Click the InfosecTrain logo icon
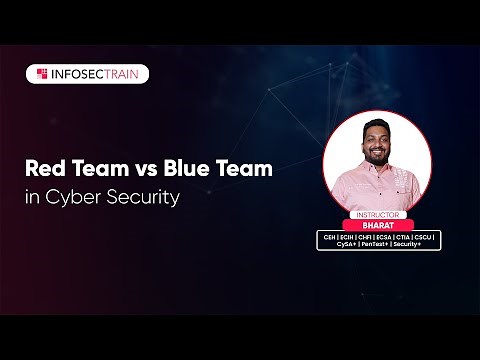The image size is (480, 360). click(43, 74)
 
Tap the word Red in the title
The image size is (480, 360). click(46, 169)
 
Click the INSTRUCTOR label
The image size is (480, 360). click(378, 214)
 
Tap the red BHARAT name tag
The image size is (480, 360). click(378, 224)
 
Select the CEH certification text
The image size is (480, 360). click(329, 236)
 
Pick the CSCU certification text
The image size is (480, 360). click(425, 236)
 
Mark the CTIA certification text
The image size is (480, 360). click(406, 236)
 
